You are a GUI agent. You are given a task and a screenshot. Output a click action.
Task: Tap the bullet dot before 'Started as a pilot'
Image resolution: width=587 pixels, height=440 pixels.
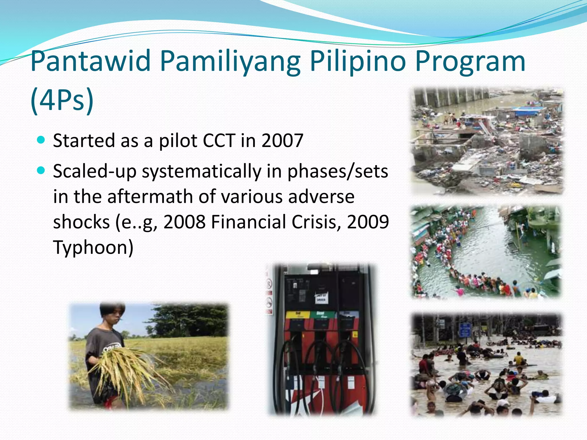pos(41,140)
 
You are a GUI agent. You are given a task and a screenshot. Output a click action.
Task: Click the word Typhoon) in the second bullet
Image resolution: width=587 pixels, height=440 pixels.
pos(93,247)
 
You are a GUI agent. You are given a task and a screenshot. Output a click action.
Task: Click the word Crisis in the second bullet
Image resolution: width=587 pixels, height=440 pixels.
pos(316,222)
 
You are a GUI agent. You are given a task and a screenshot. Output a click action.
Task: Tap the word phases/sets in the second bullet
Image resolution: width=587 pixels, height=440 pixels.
pos(338,172)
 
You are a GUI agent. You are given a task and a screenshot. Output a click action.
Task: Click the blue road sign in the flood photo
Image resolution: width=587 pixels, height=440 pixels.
pos(465,330)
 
